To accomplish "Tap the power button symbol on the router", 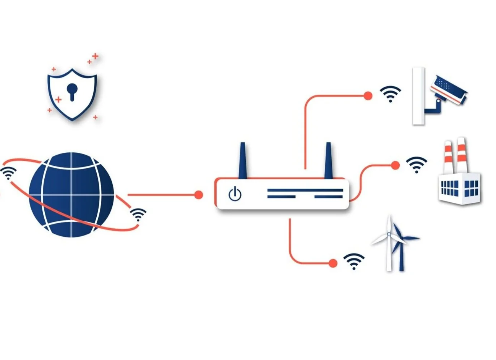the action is [235, 194].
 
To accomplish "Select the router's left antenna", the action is [242, 160].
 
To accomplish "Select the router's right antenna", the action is [328, 160].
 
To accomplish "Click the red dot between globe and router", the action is [198, 195].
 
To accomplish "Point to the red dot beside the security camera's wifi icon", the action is [368, 96].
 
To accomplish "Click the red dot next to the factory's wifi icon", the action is [396, 165].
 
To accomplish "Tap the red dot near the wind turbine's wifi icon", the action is [333, 263].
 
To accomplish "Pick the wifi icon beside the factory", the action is [416, 165].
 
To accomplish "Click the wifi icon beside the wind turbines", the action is [353, 262].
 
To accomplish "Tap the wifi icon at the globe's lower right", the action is [138, 215].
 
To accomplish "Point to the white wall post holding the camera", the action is [418, 96].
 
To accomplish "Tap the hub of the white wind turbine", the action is [389, 234].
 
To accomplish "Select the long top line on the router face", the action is [305, 190].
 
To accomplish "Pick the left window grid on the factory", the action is [449, 187].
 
